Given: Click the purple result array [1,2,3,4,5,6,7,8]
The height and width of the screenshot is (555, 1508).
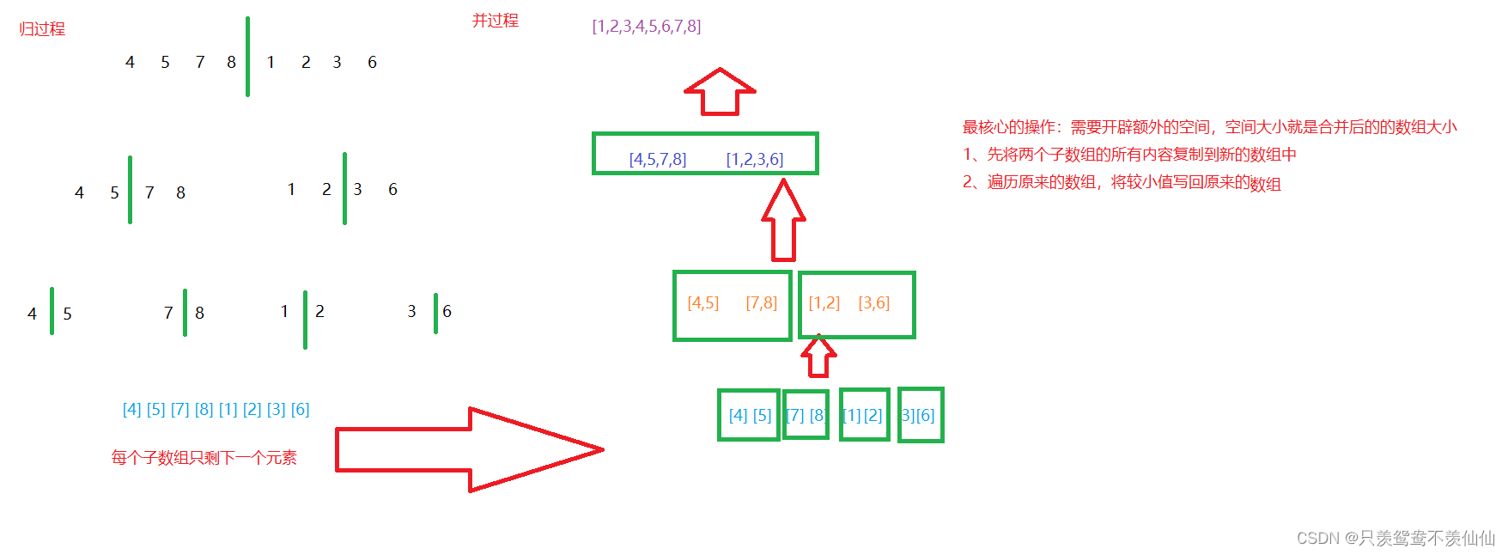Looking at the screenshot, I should (647, 27).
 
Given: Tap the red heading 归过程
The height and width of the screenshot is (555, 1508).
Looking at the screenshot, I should (42, 29).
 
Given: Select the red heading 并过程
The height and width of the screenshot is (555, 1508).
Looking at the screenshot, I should (496, 21).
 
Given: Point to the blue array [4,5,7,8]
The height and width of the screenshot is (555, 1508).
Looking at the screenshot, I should (658, 160).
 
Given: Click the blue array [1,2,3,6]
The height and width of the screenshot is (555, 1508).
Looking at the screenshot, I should (755, 160).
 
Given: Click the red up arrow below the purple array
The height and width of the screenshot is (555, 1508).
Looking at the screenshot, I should (720, 92).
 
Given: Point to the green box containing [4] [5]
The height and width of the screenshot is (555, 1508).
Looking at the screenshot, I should (749, 415).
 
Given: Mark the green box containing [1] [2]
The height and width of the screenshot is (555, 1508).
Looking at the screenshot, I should (864, 415).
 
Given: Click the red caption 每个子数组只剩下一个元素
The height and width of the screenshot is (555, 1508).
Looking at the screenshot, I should (204, 458).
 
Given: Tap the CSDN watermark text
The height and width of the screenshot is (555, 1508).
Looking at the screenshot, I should (1396, 538).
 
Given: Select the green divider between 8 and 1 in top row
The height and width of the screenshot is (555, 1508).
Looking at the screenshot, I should (248, 57).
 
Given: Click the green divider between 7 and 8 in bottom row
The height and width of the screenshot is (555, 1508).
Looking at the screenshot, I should (185, 313).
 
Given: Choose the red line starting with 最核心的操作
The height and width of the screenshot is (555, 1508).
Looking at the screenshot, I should (1209, 127).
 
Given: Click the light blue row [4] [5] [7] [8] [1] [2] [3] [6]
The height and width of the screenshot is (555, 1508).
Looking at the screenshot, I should (216, 410).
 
